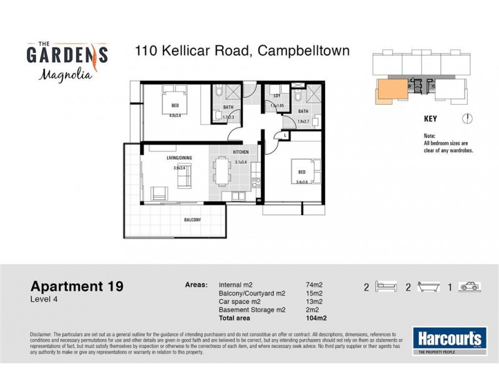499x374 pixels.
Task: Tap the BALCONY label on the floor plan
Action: (192, 220)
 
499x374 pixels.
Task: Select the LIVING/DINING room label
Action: (179, 158)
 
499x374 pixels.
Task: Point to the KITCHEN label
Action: (241, 151)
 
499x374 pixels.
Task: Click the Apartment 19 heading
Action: (77, 287)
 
